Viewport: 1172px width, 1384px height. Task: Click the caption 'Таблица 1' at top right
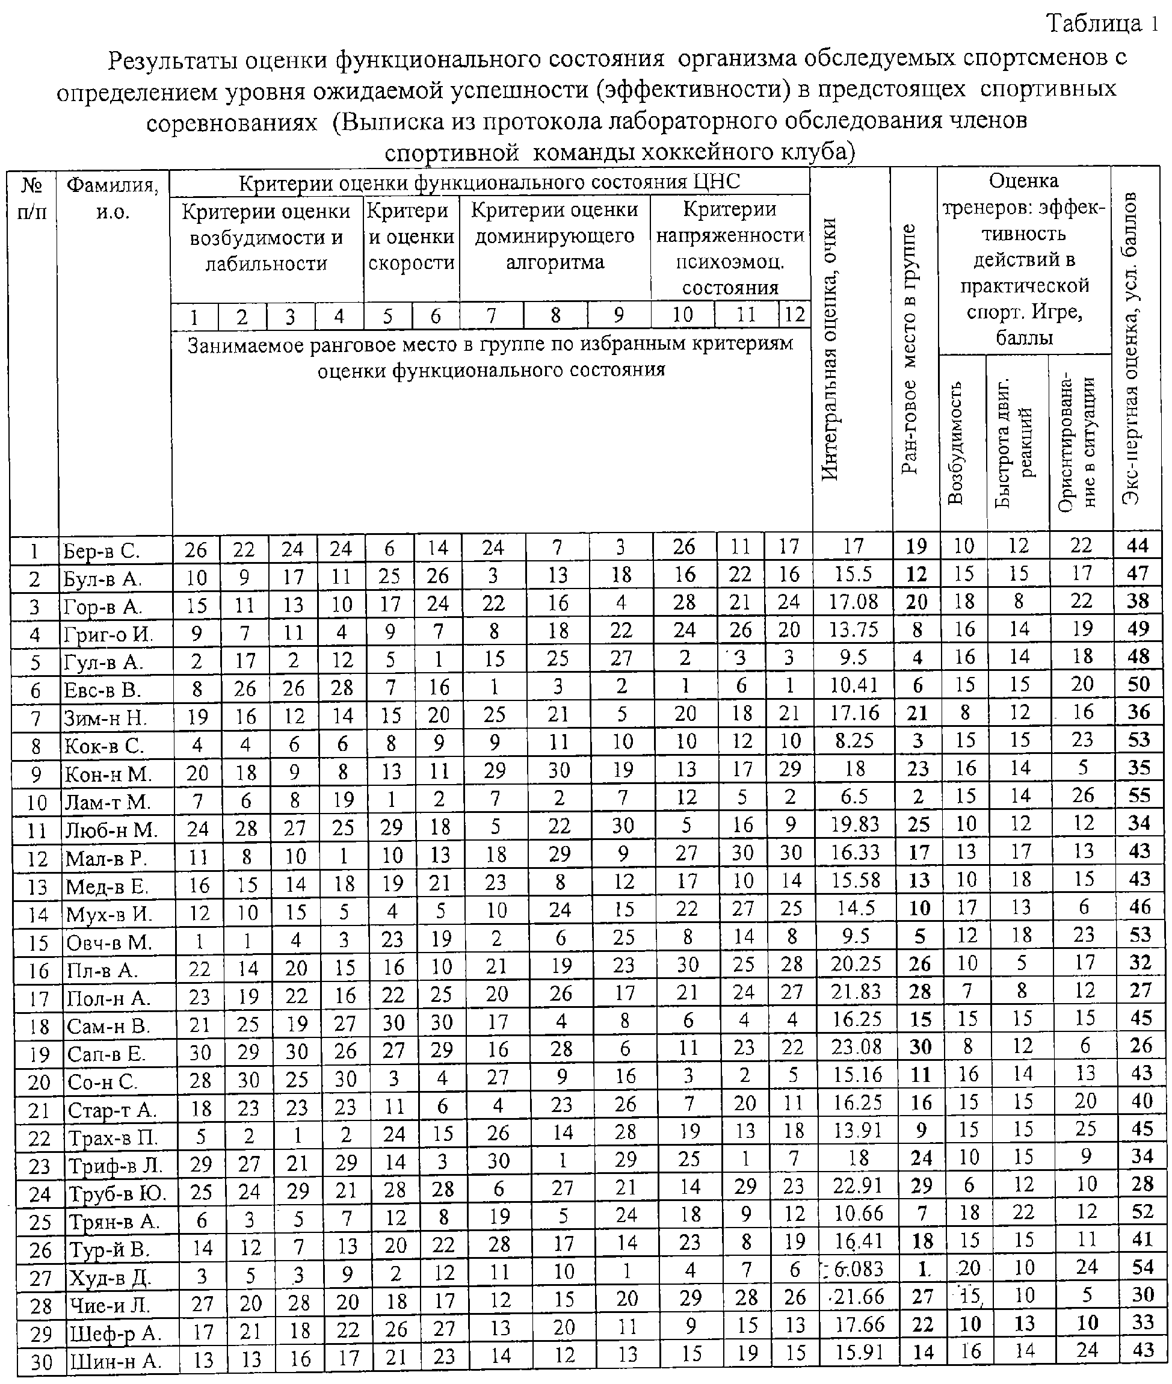pos(1103,24)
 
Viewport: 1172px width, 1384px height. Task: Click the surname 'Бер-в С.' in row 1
pos(101,551)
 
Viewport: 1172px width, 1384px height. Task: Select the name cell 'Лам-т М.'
pos(107,802)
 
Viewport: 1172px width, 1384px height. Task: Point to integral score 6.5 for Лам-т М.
pos(853,797)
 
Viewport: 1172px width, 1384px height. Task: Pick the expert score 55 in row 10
pos(1139,795)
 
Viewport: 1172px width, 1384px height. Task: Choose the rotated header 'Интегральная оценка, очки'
pos(830,348)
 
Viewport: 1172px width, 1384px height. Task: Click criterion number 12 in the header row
pos(794,314)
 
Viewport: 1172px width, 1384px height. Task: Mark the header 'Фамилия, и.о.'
pos(113,198)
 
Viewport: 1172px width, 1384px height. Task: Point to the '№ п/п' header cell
pos(32,198)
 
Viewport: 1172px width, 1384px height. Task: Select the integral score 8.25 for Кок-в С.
pos(854,741)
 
